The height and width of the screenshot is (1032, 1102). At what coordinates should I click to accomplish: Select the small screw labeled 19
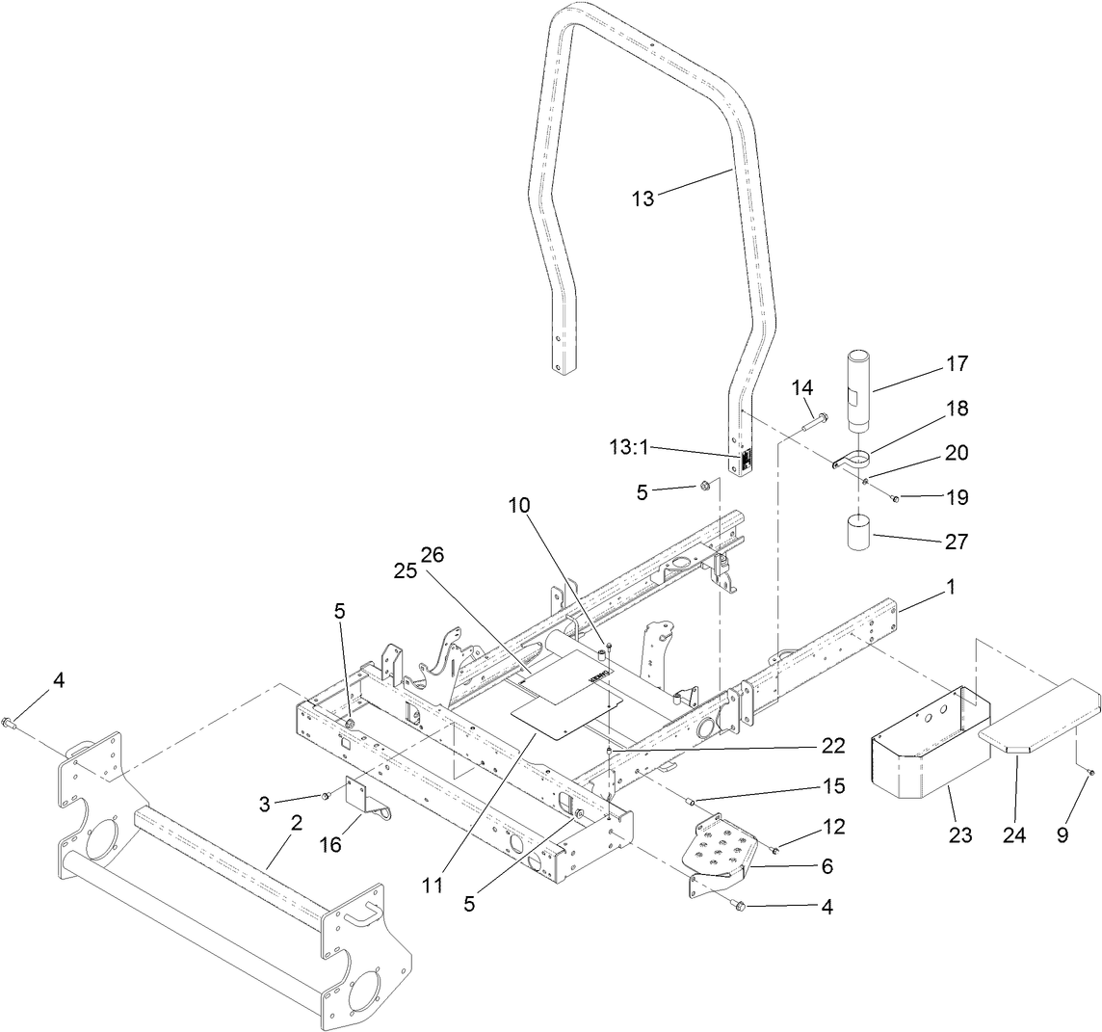895,498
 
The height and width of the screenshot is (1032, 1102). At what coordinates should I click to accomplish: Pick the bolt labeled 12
774,850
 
